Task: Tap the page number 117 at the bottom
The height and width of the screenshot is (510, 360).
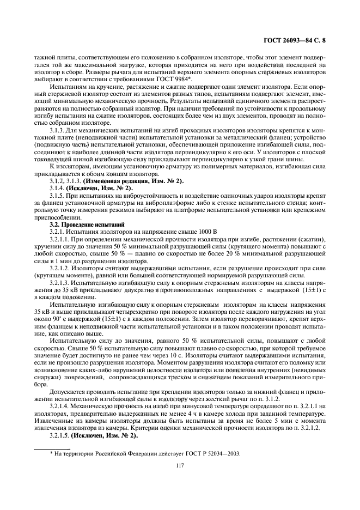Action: (x=180, y=465)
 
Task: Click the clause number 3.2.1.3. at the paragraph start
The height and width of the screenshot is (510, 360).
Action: (x=61, y=284)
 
